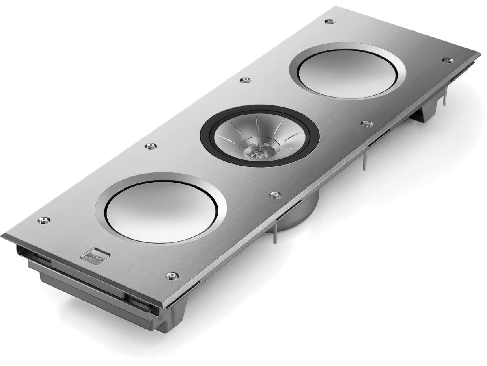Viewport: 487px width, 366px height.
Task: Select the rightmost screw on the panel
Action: (447, 61)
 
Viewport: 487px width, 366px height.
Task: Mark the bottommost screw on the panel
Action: (172, 276)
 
